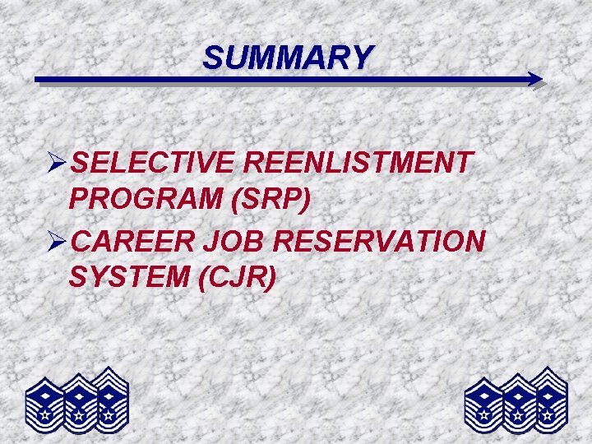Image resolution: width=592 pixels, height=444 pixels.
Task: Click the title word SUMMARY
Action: pyautogui.click(x=288, y=58)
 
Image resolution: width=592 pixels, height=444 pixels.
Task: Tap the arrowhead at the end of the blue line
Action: pyautogui.click(x=535, y=80)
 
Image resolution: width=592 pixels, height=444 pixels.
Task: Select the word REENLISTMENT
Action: pyautogui.click(x=359, y=163)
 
